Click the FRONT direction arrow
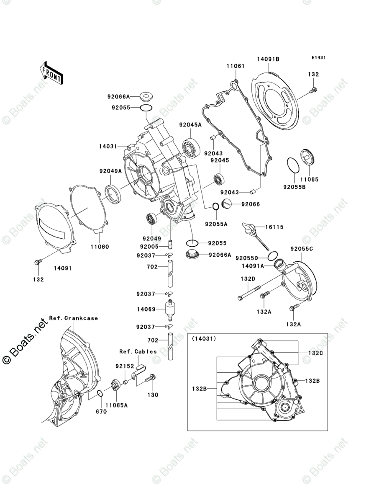point(51,73)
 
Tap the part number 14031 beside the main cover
point(108,147)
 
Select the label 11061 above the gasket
point(236,66)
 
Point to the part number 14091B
point(268,59)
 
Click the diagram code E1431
point(318,58)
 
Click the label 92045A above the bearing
point(190,125)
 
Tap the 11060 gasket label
point(100,247)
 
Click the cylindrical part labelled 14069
point(170,310)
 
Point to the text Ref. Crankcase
point(73,318)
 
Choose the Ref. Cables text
point(138,352)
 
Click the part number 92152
point(124,366)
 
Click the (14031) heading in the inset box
point(204,339)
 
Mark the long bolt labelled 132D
point(250,292)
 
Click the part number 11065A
point(116,405)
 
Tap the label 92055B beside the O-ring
point(294,187)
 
